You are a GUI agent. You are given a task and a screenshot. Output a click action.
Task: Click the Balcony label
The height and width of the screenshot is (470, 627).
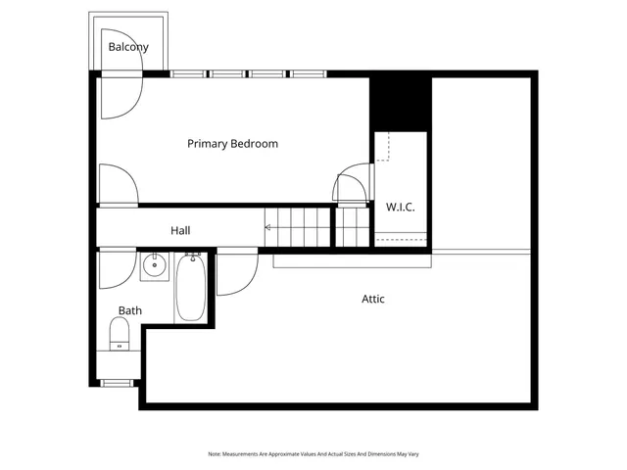coord(128,47)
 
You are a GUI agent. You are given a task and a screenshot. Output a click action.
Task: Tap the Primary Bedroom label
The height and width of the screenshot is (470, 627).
coord(232,144)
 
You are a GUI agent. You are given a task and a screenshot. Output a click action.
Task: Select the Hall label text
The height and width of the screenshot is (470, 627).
coord(180,231)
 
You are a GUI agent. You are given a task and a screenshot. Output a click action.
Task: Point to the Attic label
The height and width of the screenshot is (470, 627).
coord(372,299)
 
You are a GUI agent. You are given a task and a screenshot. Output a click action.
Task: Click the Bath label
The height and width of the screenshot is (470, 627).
coord(130,311)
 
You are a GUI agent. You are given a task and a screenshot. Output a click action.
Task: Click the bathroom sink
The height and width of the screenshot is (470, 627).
coord(154,264)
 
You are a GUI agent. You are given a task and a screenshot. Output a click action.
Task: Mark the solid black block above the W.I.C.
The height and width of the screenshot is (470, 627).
coord(400,101)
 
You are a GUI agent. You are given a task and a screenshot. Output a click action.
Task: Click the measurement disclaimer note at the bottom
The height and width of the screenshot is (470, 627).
coord(313,454)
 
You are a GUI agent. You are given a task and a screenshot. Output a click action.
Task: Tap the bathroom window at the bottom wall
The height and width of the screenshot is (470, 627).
coord(119,382)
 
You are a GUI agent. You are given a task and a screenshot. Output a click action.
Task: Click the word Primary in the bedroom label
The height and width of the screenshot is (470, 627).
coord(208,144)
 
